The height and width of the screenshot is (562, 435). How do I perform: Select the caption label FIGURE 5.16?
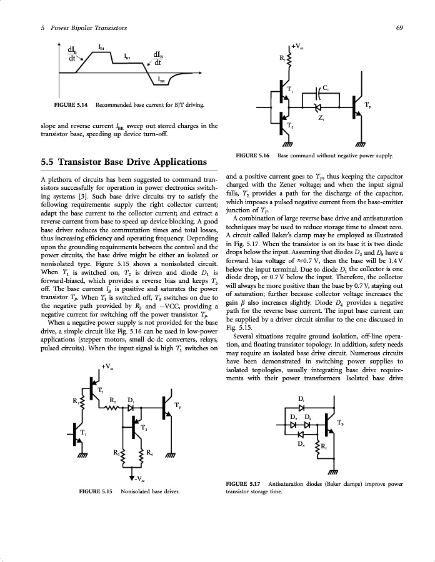pos(252,155)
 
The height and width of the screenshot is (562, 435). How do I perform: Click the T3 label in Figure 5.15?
pos(144,428)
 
